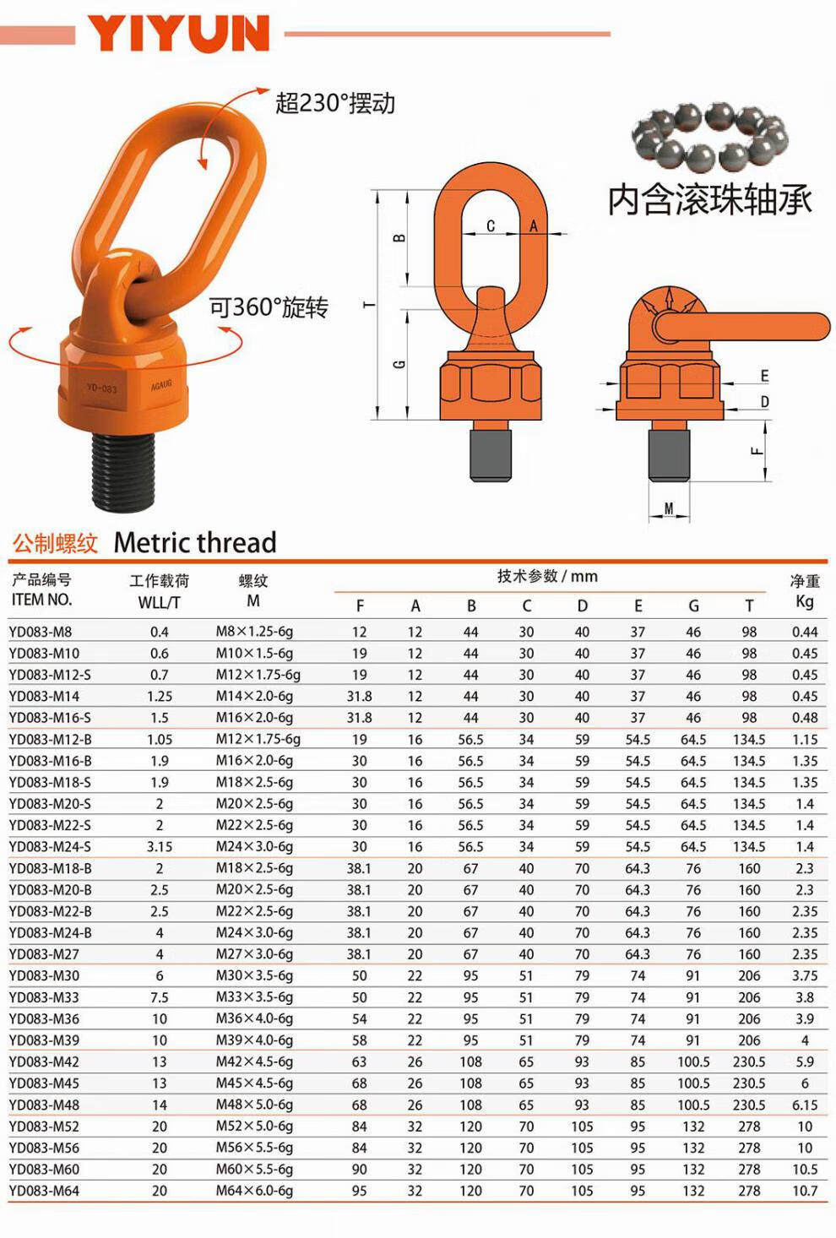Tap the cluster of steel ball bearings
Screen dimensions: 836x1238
click(710, 136)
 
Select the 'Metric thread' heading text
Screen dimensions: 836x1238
click(194, 542)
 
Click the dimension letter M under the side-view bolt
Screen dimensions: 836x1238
click(669, 508)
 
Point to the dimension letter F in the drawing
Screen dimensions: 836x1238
click(757, 451)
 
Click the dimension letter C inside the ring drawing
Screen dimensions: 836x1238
click(490, 225)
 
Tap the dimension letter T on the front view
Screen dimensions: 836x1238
click(369, 305)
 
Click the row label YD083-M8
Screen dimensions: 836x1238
click(41, 632)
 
